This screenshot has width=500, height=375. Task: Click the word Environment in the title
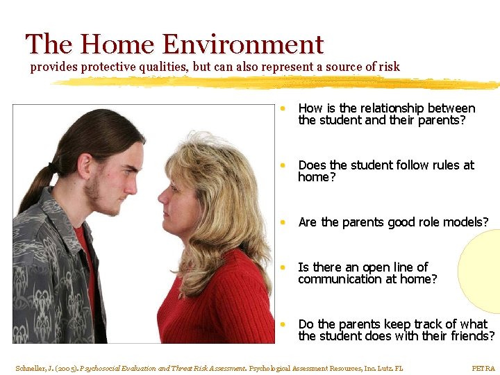click(243, 45)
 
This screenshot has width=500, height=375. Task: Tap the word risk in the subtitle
click(388, 67)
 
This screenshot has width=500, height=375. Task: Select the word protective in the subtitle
click(111, 67)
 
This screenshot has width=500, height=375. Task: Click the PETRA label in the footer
click(483, 368)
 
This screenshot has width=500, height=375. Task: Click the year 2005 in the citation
click(68, 368)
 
